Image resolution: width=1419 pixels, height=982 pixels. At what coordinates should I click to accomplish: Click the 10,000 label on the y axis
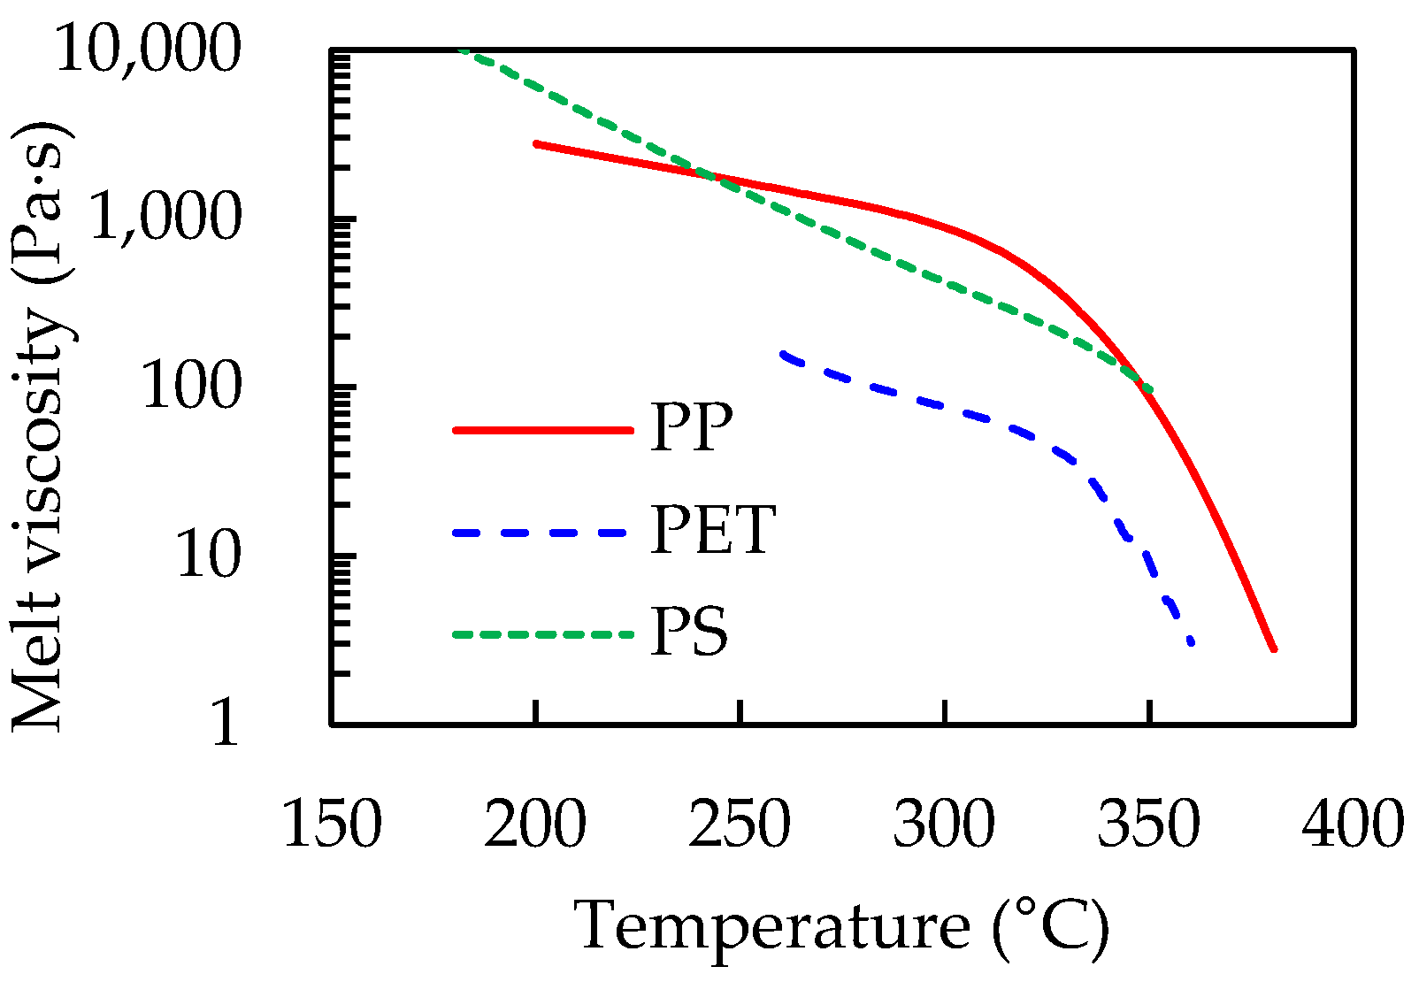148,49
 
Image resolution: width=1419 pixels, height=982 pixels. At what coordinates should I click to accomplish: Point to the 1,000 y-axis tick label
165,218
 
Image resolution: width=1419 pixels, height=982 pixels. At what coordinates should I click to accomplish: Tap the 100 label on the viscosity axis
191,387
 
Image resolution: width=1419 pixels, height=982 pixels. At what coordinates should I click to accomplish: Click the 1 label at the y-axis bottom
225,723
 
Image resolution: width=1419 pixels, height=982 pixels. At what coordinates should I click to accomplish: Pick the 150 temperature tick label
332,824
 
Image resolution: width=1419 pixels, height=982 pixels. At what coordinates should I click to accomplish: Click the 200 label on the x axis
535,824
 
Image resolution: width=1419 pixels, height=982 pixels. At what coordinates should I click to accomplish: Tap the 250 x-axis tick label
740,824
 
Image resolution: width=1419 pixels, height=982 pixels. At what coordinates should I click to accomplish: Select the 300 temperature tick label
944,824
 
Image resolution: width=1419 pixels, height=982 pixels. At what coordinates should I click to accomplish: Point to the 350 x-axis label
1148,824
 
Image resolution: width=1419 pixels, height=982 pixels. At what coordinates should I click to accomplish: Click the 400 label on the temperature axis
1353,824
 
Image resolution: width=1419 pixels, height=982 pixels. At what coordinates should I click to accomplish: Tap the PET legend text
713,531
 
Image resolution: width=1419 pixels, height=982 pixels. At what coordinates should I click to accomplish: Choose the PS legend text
689,633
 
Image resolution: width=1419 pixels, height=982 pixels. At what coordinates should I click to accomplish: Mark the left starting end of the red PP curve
537,143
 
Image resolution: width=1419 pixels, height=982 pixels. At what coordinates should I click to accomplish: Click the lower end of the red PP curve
1273,648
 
